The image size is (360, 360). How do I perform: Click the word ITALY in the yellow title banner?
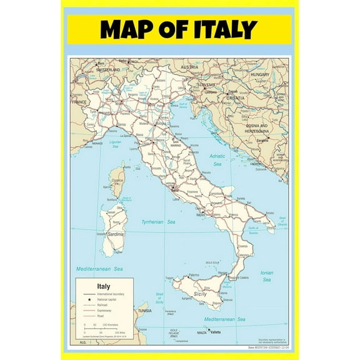[223, 29]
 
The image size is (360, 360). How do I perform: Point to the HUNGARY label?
[259, 74]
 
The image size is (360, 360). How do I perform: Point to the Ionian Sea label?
[266, 275]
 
